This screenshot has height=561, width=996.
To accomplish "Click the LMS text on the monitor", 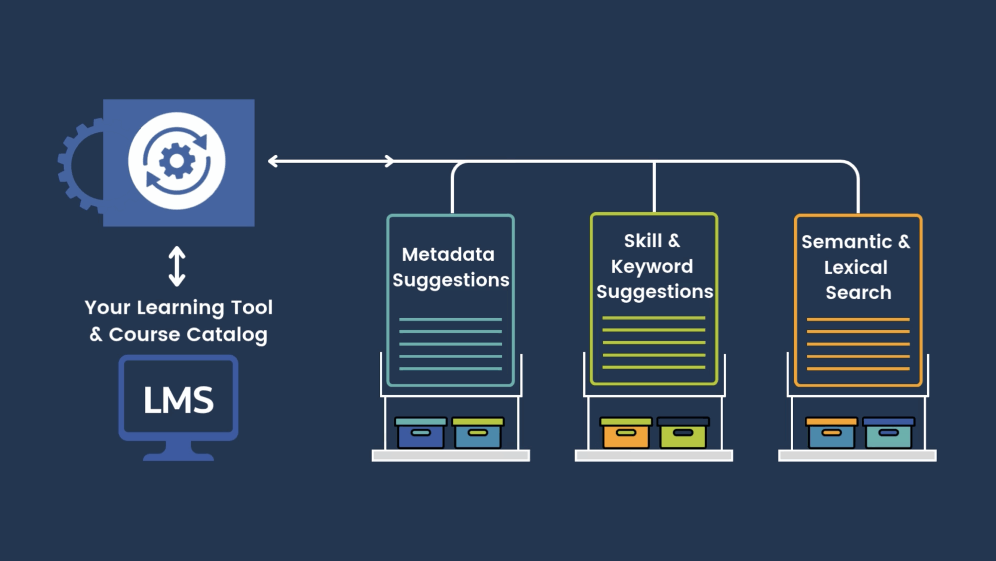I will tap(178, 400).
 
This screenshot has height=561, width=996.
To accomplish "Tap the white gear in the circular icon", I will tap(177, 161).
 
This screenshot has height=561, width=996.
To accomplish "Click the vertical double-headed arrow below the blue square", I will tap(177, 266).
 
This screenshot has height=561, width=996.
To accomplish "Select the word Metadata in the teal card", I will tap(448, 254).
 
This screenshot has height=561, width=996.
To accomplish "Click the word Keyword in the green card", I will tap(652, 267).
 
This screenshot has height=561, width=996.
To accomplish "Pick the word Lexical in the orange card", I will tap(855, 267).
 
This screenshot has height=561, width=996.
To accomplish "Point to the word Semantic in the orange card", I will tap(846, 242).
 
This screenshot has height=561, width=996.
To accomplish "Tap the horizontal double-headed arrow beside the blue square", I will tap(331, 161).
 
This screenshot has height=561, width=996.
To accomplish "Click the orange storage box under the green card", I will tap(626, 433).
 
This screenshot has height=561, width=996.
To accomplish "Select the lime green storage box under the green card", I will tap(683, 433).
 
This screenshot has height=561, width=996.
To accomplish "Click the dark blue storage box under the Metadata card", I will tap(421, 433).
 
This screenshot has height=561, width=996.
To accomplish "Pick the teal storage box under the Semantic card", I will tap(889, 433).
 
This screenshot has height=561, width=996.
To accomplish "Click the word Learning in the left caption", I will tap(180, 308).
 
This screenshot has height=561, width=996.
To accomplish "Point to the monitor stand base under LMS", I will tap(178, 456).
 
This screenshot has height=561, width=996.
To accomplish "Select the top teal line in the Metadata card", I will tap(450, 320).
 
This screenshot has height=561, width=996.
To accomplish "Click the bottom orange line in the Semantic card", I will tap(858, 369).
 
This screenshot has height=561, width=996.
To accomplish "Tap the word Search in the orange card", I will tap(858, 293).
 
